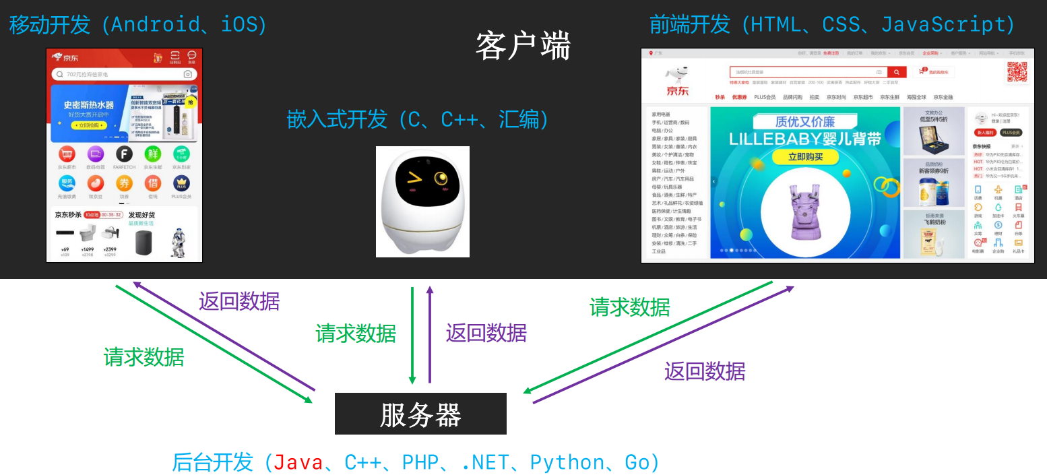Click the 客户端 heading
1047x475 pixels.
(x=523, y=46)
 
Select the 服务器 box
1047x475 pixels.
(x=420, y=414)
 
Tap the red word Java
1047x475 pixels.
(x=298, y=462)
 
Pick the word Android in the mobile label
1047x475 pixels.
(x=156, y=25)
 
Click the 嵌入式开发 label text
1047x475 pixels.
(x=337, y=119)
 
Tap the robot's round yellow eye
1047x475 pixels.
(x=441, y=179)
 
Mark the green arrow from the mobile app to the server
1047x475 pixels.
(x=214, y=344)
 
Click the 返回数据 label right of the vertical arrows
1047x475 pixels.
(x=486, y=333)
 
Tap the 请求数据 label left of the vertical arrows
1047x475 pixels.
(x=356, y=334)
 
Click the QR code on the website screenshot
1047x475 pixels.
(x=1017, y=72)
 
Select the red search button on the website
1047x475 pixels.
(x=897, y=72)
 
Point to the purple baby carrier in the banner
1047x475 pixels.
(x=805, y=213)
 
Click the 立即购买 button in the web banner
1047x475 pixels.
(x=806, y=157)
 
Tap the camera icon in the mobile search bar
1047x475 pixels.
(x=188, y=74)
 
